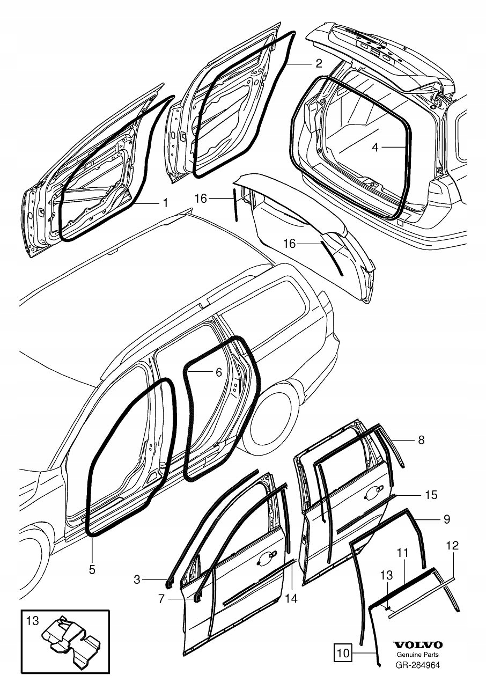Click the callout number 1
(x=165, y=202)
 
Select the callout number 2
(x=319, y=63)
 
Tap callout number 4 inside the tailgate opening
(x=375, y=147)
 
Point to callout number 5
(x=92, y=569)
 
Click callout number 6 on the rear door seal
(x=218, y=371)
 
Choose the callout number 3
(x=137, y=579)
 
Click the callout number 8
(x=421, y=440)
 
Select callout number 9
(x=446, y=519)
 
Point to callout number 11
(x=403, y=552)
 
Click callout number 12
(x=452, y=546)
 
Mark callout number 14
(x=291, y=598)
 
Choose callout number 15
(x=431, y=495)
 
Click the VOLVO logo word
(x=418, y=645)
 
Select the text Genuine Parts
(x=418, y=655)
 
